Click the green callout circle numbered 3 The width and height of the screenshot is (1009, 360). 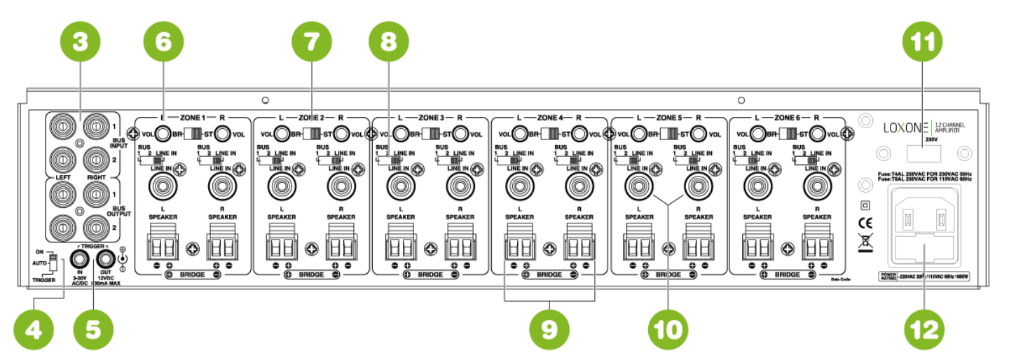coord(79,42)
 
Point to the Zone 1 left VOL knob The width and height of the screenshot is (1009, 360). coord(163,133)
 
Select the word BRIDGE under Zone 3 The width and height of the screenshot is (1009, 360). coord(431,275)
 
